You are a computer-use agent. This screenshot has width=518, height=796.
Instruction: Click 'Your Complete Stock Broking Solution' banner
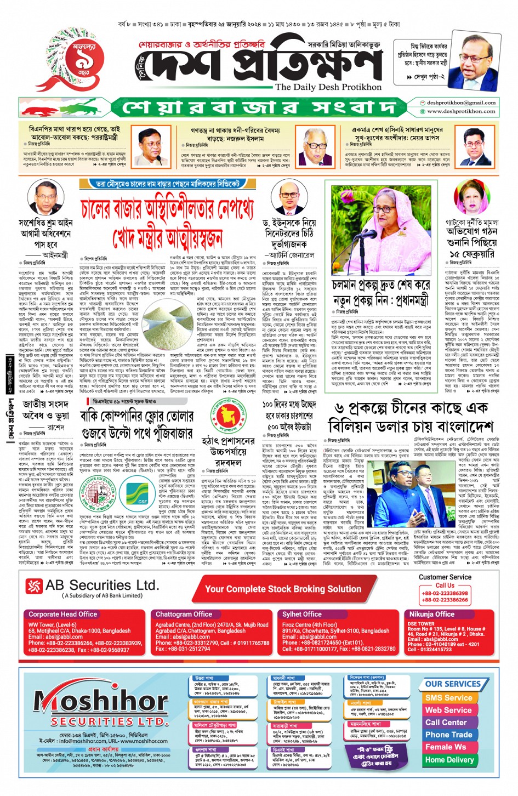(283, 589)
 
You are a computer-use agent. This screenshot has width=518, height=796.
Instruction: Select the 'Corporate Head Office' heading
(62, 614)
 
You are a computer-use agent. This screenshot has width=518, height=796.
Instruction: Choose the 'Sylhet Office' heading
(301, 614)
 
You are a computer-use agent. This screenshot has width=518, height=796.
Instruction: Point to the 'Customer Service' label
(445, 577)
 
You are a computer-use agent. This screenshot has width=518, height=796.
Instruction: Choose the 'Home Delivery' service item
(449, 760)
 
